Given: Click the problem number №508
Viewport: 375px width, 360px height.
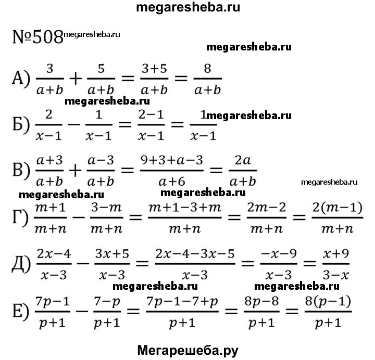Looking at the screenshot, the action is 37,37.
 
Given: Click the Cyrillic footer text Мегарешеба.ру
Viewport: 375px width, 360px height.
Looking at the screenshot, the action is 187,351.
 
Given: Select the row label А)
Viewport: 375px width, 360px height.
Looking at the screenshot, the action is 21,79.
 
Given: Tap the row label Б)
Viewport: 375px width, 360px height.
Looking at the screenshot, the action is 21,124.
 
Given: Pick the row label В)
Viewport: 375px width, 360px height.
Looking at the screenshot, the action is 21,170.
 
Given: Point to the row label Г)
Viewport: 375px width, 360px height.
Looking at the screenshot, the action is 20,217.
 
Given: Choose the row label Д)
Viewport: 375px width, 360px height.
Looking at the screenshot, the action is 21,264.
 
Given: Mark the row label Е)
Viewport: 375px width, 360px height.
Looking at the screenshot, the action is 21,311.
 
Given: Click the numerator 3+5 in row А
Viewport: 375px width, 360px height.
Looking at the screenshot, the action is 154,69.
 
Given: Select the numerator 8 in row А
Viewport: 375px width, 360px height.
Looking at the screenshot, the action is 207,69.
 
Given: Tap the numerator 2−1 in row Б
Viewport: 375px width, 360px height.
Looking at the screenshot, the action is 151,115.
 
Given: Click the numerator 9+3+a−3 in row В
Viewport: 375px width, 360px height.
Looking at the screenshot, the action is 172,160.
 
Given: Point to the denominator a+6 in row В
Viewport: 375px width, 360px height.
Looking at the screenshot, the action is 172,182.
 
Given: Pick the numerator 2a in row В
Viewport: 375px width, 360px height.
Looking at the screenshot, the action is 243,160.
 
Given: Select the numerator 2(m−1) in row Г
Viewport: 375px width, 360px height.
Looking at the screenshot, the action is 337,208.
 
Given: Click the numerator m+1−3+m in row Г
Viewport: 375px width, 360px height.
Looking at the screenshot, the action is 184,208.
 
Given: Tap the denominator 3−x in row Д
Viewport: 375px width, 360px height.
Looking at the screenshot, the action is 336,275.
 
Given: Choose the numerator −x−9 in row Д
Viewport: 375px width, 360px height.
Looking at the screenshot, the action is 279,254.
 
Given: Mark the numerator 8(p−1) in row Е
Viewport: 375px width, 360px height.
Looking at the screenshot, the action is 328,301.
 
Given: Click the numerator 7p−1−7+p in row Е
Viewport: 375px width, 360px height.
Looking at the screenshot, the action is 182,302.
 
